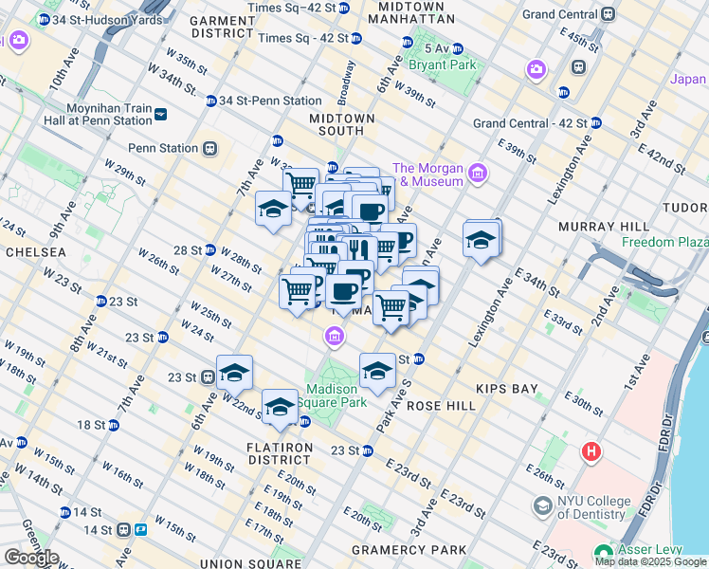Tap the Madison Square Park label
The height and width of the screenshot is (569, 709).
[x=332, y=395]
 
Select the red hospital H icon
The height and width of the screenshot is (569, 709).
[x=592, y=451]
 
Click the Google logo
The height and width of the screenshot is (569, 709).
[x=30, y=558]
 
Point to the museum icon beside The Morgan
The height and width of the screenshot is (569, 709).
[x=477, y=173]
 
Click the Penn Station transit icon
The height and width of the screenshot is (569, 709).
[x=209, y=149]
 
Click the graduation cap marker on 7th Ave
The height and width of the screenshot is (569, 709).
[x=273, y=209]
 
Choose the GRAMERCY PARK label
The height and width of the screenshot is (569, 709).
[x=409, y=550]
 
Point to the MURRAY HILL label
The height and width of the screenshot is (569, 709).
[x=603, y=227]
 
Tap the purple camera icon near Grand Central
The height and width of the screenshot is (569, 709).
[x=536, y=69]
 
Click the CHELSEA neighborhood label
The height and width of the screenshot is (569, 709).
[x=35, y=252]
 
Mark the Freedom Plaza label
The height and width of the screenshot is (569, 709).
[x=664, y=242]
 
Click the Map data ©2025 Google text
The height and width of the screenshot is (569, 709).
[x=651, y=561]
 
